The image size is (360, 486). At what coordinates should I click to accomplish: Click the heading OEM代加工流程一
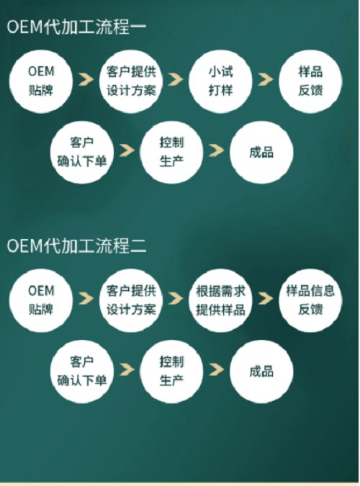tap(76, 27)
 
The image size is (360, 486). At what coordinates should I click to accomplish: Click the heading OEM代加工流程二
tap(76, 246)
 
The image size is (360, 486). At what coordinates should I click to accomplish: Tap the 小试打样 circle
tap(220, 81)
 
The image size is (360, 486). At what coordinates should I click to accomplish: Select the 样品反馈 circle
tap(310, 81)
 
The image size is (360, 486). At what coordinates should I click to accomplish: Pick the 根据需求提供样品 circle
tap(220, 300)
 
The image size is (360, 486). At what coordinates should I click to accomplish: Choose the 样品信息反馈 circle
tap(310, 300)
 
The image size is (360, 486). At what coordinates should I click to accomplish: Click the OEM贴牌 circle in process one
tap(41, 81)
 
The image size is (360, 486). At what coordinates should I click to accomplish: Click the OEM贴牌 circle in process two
tap(41, 300)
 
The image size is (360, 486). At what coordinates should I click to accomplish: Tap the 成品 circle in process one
tap(261, 152)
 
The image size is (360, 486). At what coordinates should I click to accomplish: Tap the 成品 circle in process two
tap(261, 372)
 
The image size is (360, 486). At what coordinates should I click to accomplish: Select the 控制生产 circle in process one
tap(171, 152)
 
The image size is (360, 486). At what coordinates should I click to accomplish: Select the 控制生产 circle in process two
tap(171, 372)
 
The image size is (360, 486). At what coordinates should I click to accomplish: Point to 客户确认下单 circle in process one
tap(82, 152)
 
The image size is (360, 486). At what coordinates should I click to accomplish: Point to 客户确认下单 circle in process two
tap(82, 372)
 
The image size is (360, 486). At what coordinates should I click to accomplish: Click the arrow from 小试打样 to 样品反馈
tap(266, 79)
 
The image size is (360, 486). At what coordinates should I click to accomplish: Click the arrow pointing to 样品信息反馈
tap(266, 299)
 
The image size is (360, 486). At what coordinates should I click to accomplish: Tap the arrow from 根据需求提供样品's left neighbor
tap(176, 299)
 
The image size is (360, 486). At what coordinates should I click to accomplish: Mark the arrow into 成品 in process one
tap(217, 150)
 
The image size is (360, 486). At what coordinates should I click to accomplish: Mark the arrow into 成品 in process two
tap(217, 369)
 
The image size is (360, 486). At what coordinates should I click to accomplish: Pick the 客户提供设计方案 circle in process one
tap(131, 81)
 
